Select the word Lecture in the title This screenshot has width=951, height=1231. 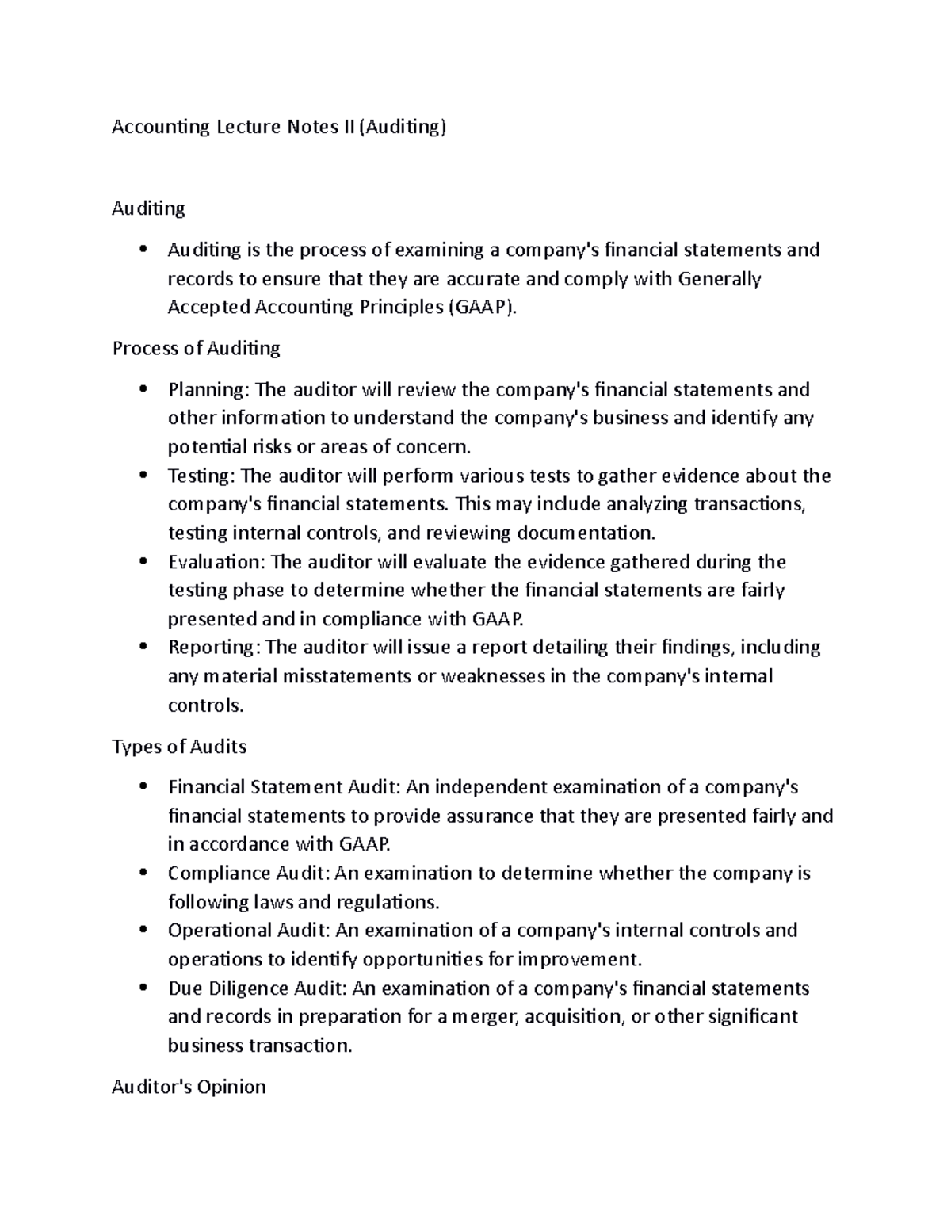tap(245, 127)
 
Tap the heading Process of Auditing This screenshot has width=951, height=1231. tap(197, 348)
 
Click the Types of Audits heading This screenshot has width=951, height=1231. tap(179, 747)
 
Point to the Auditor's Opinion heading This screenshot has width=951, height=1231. tap(189, 1086)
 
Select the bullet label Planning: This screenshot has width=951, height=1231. tap(209, 390)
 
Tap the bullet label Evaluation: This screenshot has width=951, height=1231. tap(217, 563)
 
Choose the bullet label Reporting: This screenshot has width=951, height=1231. tap(214, 648)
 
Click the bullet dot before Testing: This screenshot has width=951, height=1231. tap(143, 476)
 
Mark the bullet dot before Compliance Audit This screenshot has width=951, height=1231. tap(143, 874)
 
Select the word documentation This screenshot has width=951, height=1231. tap(585, 533)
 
